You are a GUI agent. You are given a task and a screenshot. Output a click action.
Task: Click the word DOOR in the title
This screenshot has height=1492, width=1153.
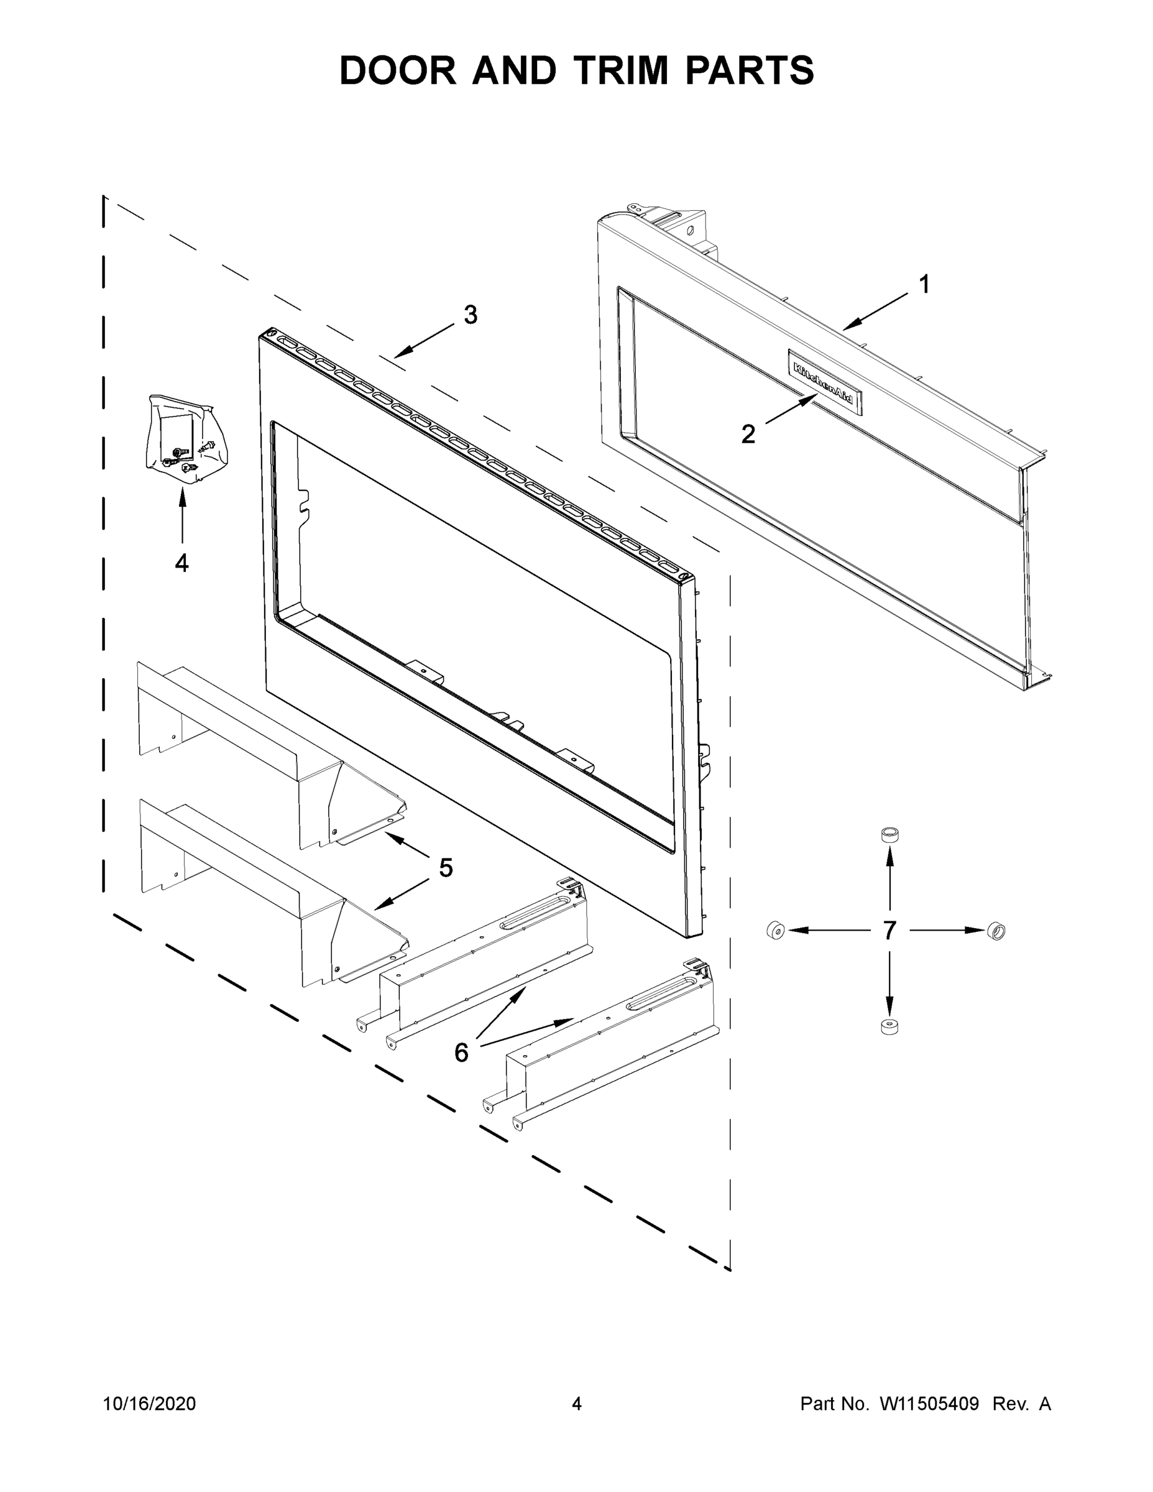tap(398, 71)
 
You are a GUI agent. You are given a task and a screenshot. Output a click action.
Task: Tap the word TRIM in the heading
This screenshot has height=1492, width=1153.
tap(620, 71)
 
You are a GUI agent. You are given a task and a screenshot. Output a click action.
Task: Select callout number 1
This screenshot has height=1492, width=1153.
tap(924, 284)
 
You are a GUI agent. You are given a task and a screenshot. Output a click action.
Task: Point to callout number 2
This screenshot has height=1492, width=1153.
tap(748, 434)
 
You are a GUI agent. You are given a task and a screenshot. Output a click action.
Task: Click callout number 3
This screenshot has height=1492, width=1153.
tap(471, 315)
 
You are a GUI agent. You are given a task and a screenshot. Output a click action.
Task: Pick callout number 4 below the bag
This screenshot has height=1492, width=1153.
tap(181, 563)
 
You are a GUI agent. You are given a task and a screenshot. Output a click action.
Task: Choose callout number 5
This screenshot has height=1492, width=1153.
tap(446, 869)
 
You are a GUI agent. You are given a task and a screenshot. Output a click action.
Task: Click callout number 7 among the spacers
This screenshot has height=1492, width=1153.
tap(889, 930)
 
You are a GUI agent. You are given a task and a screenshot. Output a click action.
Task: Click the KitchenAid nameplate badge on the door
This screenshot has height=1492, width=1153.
tap(824, 382)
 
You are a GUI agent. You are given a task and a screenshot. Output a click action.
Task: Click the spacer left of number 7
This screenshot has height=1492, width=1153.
tap(774, 930)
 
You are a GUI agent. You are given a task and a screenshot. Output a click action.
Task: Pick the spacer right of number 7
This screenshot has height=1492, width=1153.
tap(996, 930)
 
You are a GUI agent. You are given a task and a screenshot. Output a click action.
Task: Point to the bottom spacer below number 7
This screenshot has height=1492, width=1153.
tap(889, 1028)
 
